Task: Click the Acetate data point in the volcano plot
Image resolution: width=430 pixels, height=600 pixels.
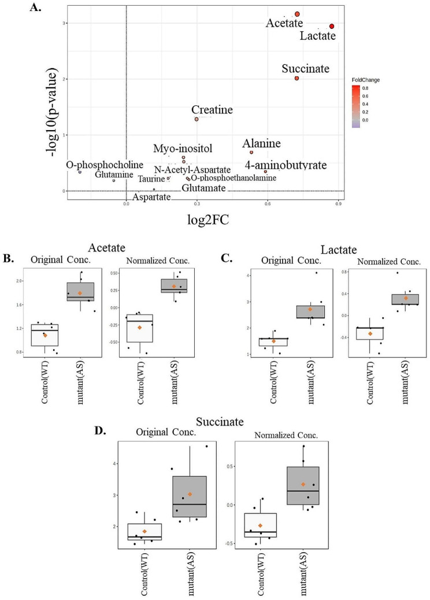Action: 297,14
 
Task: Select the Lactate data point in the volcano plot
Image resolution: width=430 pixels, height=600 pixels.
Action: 332,26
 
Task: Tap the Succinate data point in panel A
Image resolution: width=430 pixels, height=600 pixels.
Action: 296,78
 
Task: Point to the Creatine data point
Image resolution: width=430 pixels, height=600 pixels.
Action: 197,119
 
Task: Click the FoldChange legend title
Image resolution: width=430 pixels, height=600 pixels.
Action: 365,80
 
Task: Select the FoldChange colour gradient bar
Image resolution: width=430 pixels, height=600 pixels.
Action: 356,106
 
